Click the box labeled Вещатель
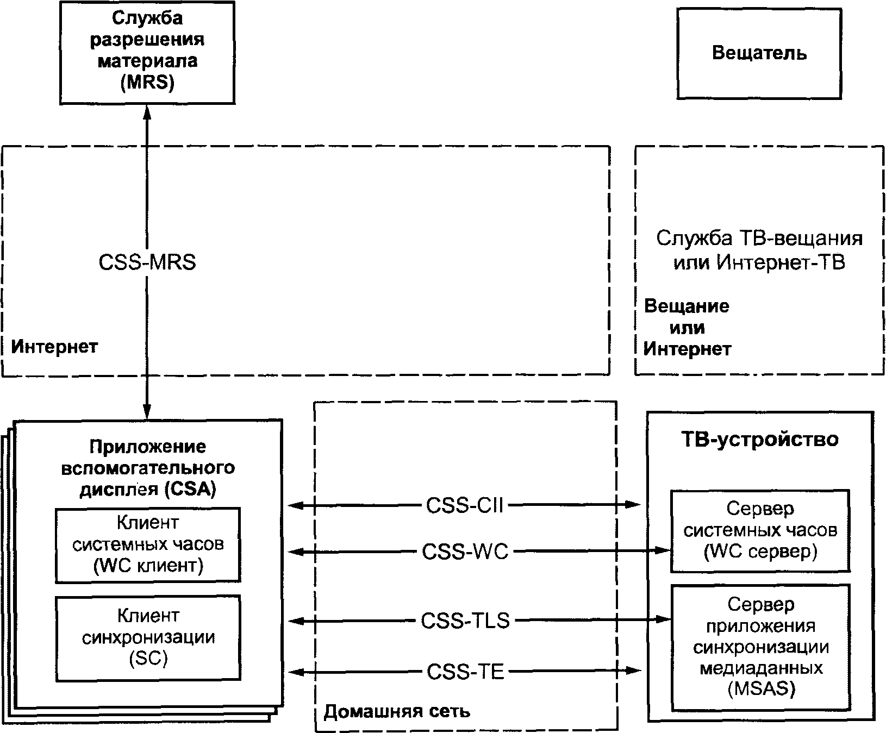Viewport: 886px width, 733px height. tap(759, 53)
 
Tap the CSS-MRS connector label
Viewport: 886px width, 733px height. tap(147, 263)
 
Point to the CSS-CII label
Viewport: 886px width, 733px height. tap(465, 506)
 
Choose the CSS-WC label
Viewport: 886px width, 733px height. tap(465, 552)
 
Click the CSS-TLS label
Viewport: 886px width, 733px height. tap(465, 621)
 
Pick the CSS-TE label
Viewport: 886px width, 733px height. tap(465, 672)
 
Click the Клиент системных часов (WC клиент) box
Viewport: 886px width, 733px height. tap(148, 544)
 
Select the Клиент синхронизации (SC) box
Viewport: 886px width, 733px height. tap(148, 637)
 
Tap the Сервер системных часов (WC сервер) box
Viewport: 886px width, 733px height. tap(760, 530)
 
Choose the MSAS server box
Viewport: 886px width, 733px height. tap(760, 647)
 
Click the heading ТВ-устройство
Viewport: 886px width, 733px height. tap(760, 439)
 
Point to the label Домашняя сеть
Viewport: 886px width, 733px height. tap(397, 711)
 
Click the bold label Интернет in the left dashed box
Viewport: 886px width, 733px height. tap(55, 346)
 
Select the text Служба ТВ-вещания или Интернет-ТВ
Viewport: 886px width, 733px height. tap(759, 250)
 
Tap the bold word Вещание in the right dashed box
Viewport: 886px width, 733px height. tap(687, 306)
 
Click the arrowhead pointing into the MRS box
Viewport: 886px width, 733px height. tap(147, 110)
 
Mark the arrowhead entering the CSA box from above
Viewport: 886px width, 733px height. tap(147, 412)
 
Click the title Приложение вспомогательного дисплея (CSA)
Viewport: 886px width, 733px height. tap(148, 468)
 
